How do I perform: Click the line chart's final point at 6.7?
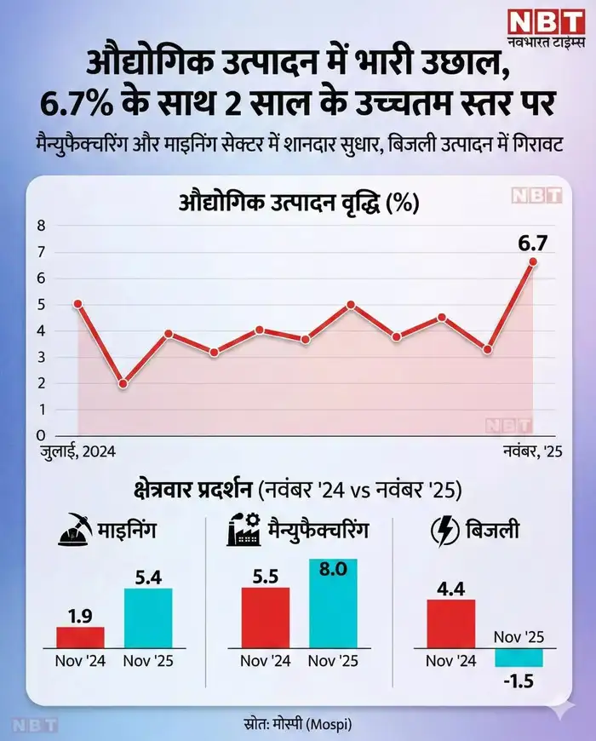pos(533,262)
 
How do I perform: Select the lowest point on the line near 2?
pos(123,383)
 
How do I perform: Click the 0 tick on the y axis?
pos(39,435)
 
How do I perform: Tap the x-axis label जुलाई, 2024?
pos(77,452)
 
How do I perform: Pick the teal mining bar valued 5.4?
pos(148,618)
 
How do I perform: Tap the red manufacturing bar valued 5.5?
pos(266,617)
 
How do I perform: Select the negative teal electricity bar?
pos(519,658)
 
